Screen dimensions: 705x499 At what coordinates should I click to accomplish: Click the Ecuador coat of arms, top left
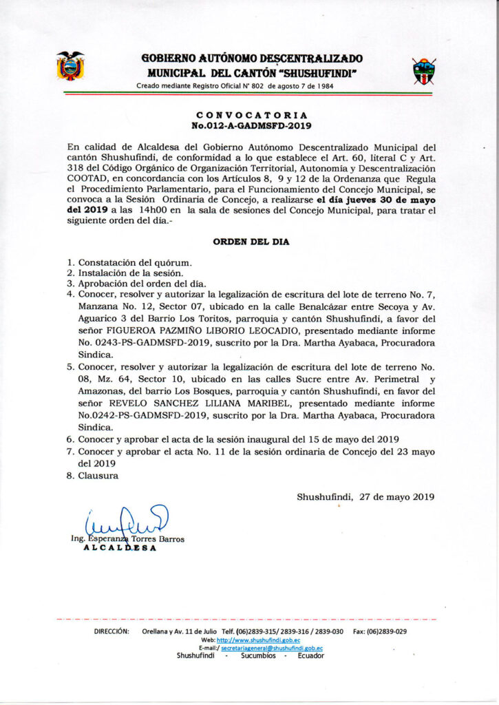[x=70, y=66]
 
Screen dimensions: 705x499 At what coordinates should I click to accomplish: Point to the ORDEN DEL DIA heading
[x=251, y=242]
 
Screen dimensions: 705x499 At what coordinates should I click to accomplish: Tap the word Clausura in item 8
[x=98, y=475]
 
